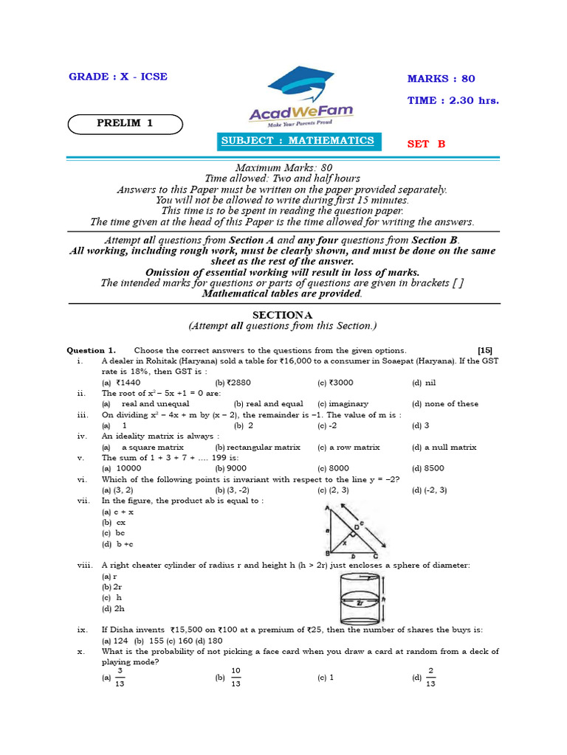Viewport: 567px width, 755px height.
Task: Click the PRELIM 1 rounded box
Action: point(125,124)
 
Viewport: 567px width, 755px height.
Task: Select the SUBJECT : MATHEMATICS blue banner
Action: point(299,141)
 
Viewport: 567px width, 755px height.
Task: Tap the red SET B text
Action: point(427,145)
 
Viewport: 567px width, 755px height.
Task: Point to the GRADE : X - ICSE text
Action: point(118,77)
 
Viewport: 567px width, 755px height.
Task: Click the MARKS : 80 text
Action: point(441,79)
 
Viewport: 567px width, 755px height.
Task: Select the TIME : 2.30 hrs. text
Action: point(453,100)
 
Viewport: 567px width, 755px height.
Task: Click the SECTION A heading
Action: point(283,315)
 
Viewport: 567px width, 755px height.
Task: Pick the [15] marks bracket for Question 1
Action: point(485,350)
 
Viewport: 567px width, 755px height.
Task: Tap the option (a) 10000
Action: point(121,468)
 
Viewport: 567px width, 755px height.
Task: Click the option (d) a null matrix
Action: point(444,447)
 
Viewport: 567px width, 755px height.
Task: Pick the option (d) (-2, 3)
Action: point(430,490)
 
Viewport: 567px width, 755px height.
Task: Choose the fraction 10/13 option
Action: point(236,677)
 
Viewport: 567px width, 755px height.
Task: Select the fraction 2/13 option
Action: point(430,677)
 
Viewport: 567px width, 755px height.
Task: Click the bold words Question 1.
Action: point(91,350)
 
